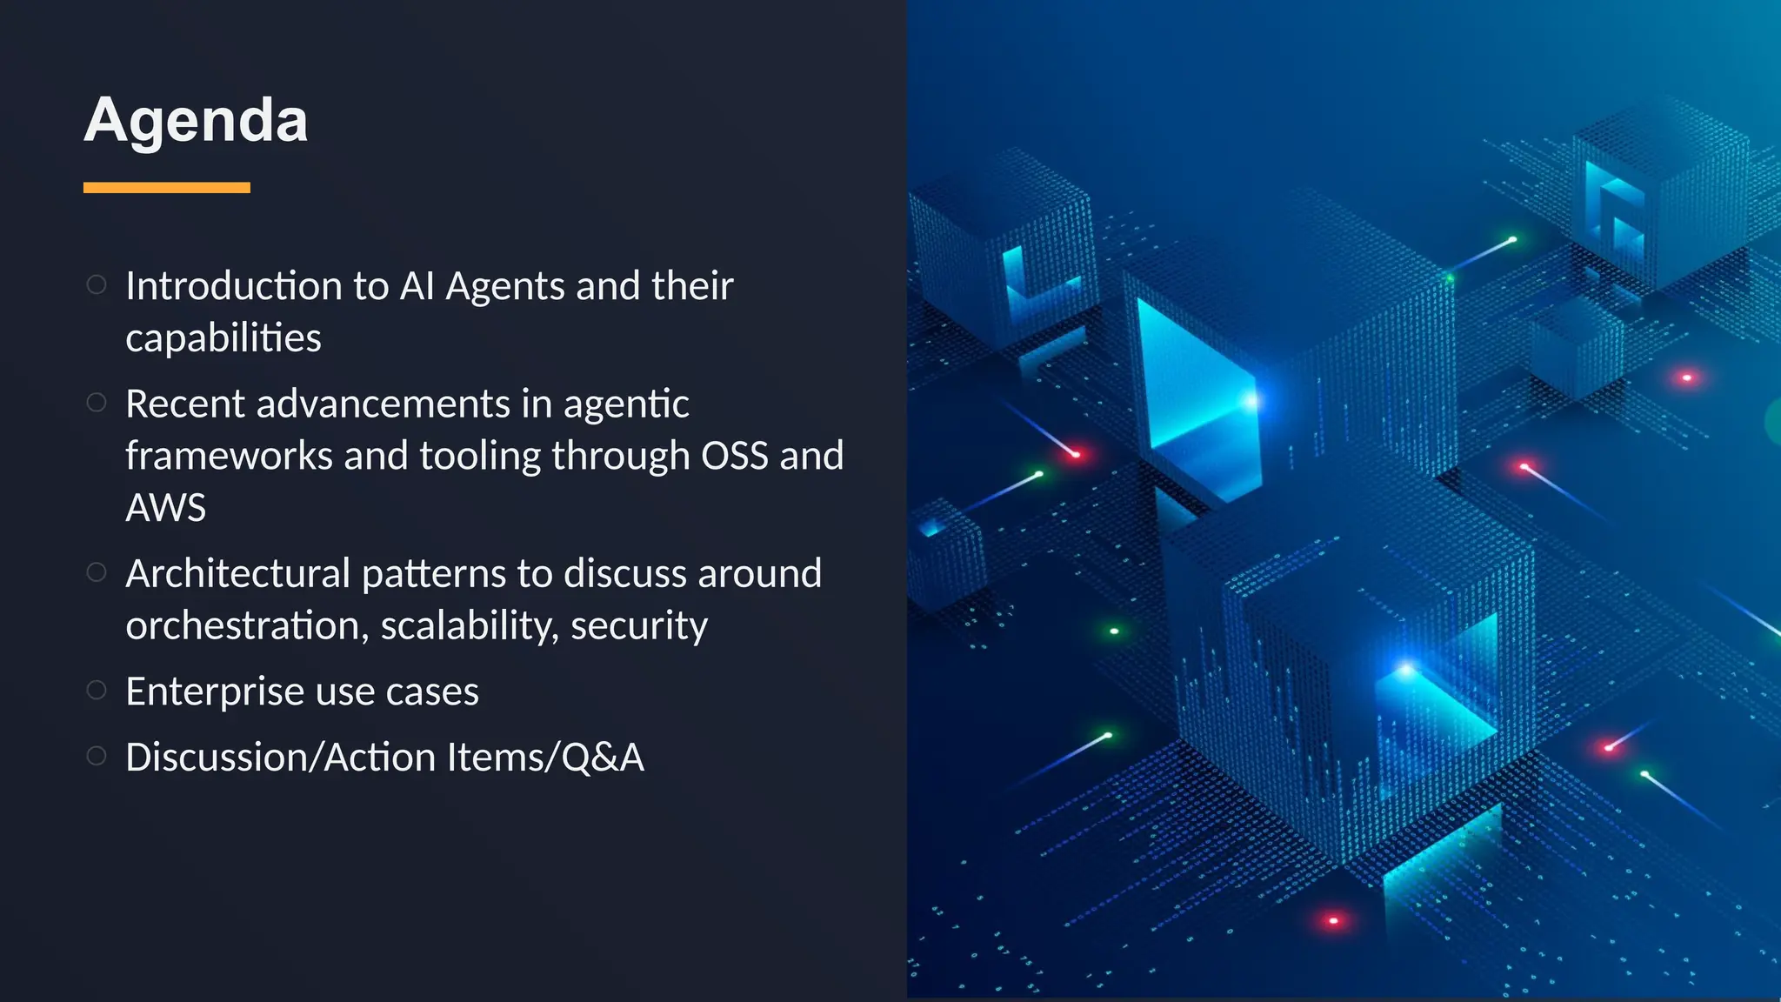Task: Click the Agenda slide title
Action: (196, 120)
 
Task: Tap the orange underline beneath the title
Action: (166, 188)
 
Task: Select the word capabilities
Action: (223, 338)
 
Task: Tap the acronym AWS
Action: (166, 508)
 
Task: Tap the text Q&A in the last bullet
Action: (603, 758)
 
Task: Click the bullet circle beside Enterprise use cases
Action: (97, 691)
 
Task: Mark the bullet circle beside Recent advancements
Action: (97, 403)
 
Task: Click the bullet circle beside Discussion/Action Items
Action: (97, 757)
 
